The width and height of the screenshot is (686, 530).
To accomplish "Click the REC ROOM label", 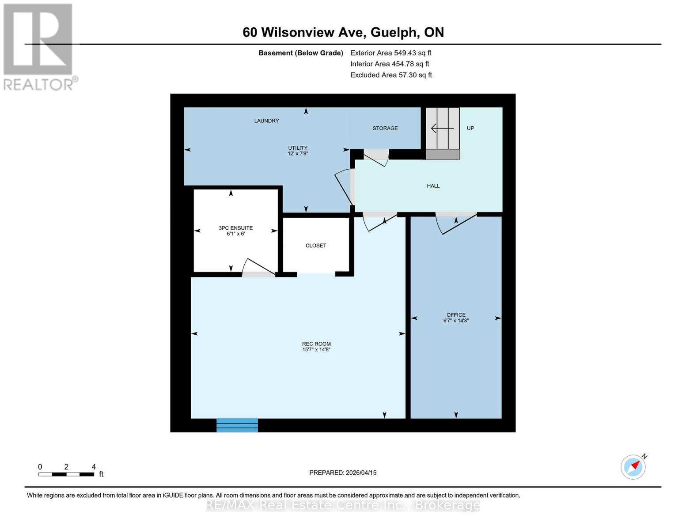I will coord(316,344).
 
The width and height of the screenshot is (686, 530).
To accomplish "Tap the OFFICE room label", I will coord(456,315).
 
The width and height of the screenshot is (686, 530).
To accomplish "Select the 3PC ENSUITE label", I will coord(235,228).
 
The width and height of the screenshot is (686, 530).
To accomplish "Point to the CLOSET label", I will coord(316,246).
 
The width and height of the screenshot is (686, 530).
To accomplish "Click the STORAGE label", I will coord(385,128).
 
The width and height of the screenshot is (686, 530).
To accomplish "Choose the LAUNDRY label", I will coord(266,121).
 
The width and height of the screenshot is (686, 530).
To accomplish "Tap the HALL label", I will coord(433,186).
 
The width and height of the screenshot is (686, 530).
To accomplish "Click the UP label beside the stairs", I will coord(470,128).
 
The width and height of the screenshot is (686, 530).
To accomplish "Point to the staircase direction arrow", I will coord(442,129).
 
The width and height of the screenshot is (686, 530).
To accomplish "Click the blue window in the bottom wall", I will coord(237,425).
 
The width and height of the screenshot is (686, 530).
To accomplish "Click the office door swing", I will coord(455,223).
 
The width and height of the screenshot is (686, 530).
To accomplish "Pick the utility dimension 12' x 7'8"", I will coord(298,154).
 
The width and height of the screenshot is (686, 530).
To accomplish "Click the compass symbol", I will coord(633,466).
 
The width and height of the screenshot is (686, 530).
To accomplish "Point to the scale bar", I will coord(66,474).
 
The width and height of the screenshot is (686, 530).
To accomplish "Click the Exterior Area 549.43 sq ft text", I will coord(390,53).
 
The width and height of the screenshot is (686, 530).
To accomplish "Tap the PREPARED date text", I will coord(343,473).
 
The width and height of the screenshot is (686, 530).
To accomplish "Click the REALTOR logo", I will coord(39,46).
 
